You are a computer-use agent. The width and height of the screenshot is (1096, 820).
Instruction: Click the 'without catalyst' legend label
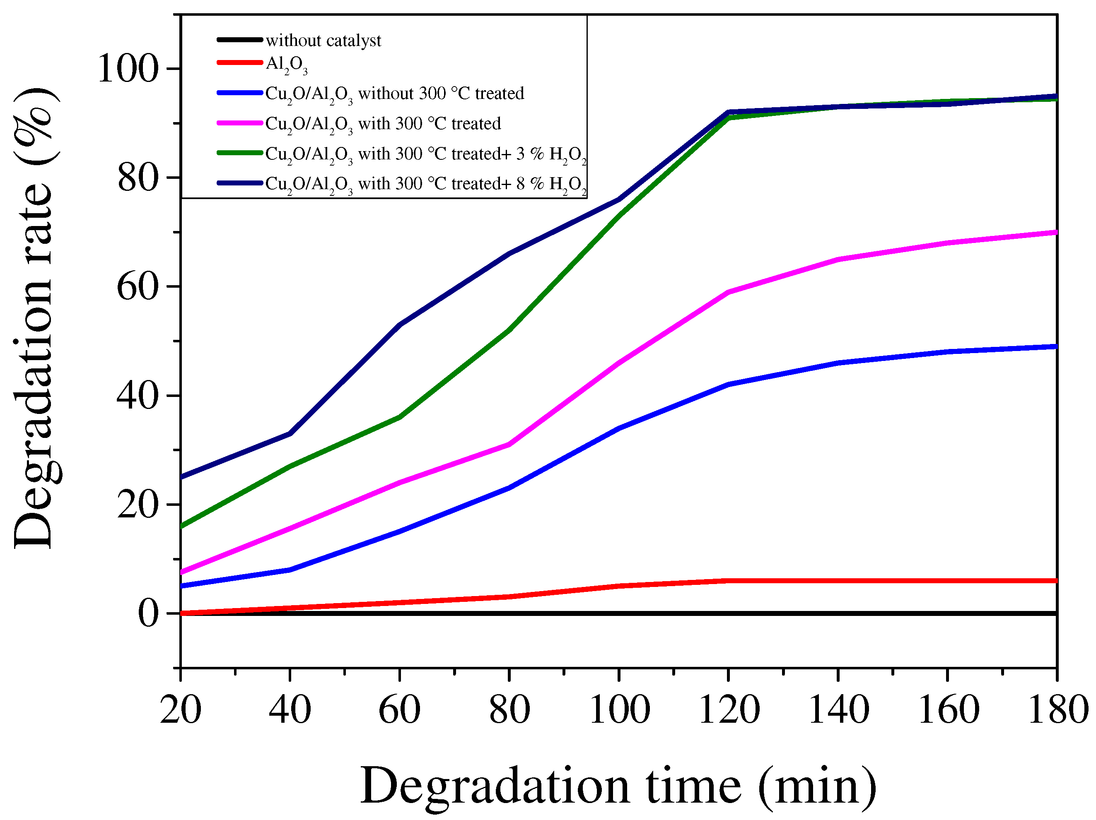[x=323, y=40]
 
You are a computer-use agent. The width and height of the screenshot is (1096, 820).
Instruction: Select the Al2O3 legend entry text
[x=286, y=65]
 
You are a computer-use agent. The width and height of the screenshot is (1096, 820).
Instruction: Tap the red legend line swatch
[x=240, y=63]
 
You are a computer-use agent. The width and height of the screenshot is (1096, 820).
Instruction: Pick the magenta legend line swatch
[x=240, y=123]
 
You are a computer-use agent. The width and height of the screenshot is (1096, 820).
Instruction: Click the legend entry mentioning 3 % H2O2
[x=425, y=154]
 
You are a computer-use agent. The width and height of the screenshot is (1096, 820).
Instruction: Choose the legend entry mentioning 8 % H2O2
[x=425, y=184]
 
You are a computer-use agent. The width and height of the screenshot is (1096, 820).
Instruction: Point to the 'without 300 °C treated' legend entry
[x=394, y=94]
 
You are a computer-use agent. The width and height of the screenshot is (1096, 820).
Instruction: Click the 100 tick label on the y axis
[x=128, y=68]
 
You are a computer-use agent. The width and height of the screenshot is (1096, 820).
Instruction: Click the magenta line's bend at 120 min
[x=728, y=292]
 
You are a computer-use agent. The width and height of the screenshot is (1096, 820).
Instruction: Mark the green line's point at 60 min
[x=399, y=417]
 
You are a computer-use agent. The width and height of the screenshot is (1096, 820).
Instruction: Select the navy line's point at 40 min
[x=290, y=434]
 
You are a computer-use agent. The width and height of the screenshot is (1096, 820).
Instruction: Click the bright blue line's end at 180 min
[x=1055, y=346]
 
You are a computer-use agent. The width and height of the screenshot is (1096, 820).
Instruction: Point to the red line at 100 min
[x=619, y=586]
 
